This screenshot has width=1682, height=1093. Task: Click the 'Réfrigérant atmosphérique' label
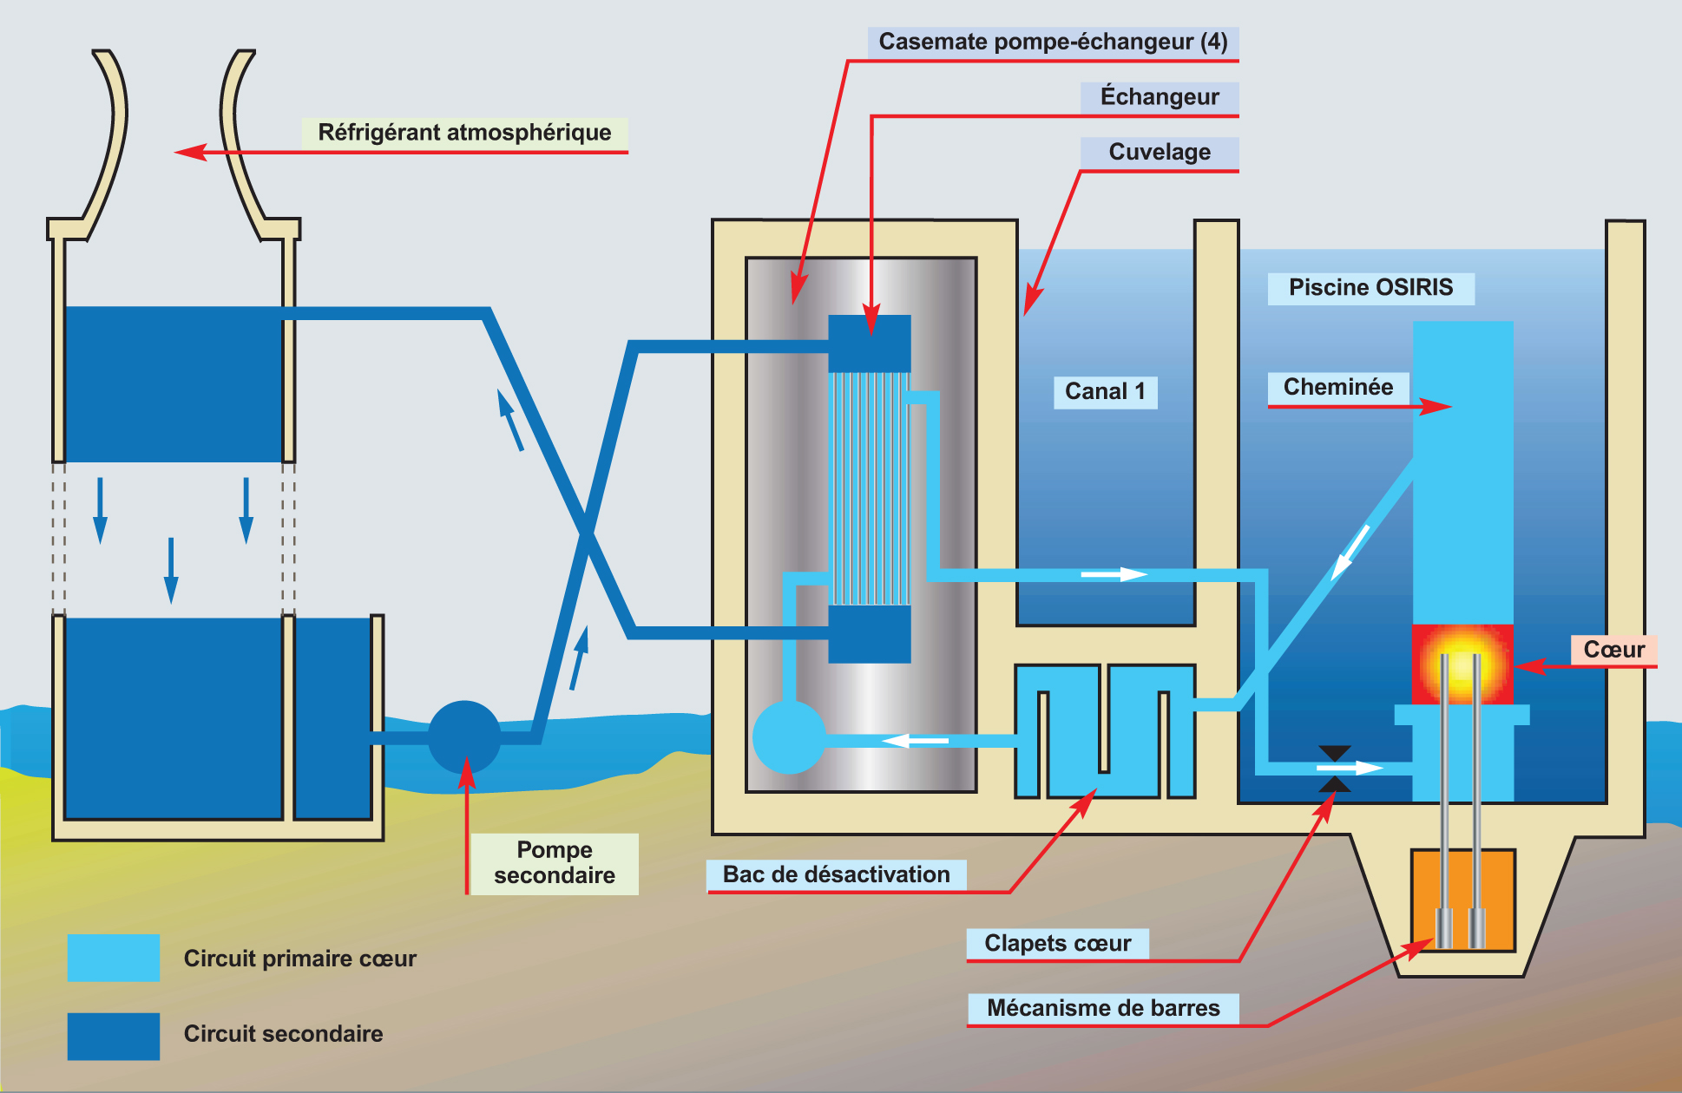(x=464, y=133)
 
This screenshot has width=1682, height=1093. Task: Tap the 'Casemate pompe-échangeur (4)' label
(x=1053, y=42)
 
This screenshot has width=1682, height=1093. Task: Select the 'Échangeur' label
(x=1160, y=96)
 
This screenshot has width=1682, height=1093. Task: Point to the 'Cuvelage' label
(x=1160, y=152)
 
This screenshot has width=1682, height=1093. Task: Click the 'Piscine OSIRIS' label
(x=1370, y=288)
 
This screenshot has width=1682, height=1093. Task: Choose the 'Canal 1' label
(x=1105, y=391)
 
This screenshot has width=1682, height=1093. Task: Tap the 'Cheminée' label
(x=1337, y=387)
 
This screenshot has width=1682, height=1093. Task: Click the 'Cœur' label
(x=1613, y=650)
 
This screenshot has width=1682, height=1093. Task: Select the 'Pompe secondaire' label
(x=555, y=862)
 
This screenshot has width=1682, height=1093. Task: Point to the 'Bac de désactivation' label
(x=836, y=874)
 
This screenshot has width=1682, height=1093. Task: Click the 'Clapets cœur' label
(x=1057, y=943)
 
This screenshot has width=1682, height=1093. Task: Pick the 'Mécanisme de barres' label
(x=1103, y=1008)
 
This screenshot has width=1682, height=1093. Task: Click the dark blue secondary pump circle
(x=464, y=737)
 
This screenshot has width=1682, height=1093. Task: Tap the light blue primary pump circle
(x=788, y=737)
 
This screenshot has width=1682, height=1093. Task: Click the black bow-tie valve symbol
(x=1334, y=768)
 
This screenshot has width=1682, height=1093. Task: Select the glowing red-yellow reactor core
(x=1462, y=664)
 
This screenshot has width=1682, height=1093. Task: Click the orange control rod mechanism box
(x=1462, y=900)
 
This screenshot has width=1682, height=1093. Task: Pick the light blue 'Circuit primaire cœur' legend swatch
(x=114, y=958)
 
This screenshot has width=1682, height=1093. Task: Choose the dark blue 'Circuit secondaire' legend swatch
(x=114, y=1036)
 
